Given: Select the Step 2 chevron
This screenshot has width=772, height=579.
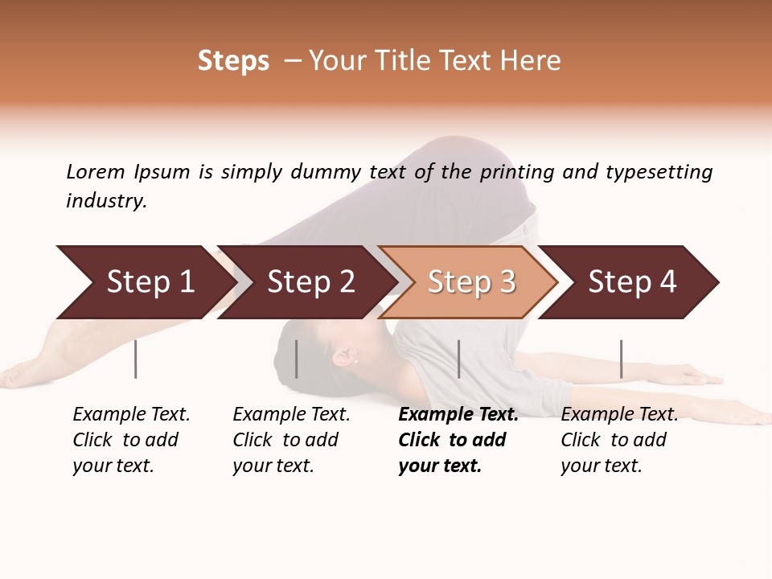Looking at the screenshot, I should click(310, 282).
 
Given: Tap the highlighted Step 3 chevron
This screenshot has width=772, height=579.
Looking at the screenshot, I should click(471, 282).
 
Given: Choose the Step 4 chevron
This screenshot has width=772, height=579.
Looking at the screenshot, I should click(632, 282).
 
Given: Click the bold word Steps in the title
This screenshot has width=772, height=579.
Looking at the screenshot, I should click(233, 61).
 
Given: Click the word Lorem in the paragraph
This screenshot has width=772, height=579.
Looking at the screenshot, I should click(96, 171).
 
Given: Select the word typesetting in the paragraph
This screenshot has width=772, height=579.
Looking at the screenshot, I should click(659, 171).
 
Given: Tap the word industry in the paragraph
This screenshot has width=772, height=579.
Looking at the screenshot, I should click(106, 200).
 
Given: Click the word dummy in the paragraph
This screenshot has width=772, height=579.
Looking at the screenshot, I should click(326, 171).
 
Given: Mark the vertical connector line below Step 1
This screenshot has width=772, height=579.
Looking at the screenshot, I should click(136, 359).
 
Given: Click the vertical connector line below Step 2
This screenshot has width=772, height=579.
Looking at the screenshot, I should click(297, 359).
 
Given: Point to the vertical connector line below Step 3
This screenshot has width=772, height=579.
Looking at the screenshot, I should click(459, 359).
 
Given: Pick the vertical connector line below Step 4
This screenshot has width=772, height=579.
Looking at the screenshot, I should click(622, 359).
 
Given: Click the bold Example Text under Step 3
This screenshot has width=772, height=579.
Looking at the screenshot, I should click(458, 414).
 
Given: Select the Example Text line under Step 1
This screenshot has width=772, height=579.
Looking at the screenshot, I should click(131, 414).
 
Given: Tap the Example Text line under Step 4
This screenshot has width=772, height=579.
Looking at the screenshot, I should click(619, 414).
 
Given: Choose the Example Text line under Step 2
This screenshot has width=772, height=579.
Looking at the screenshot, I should click(291, 414).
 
